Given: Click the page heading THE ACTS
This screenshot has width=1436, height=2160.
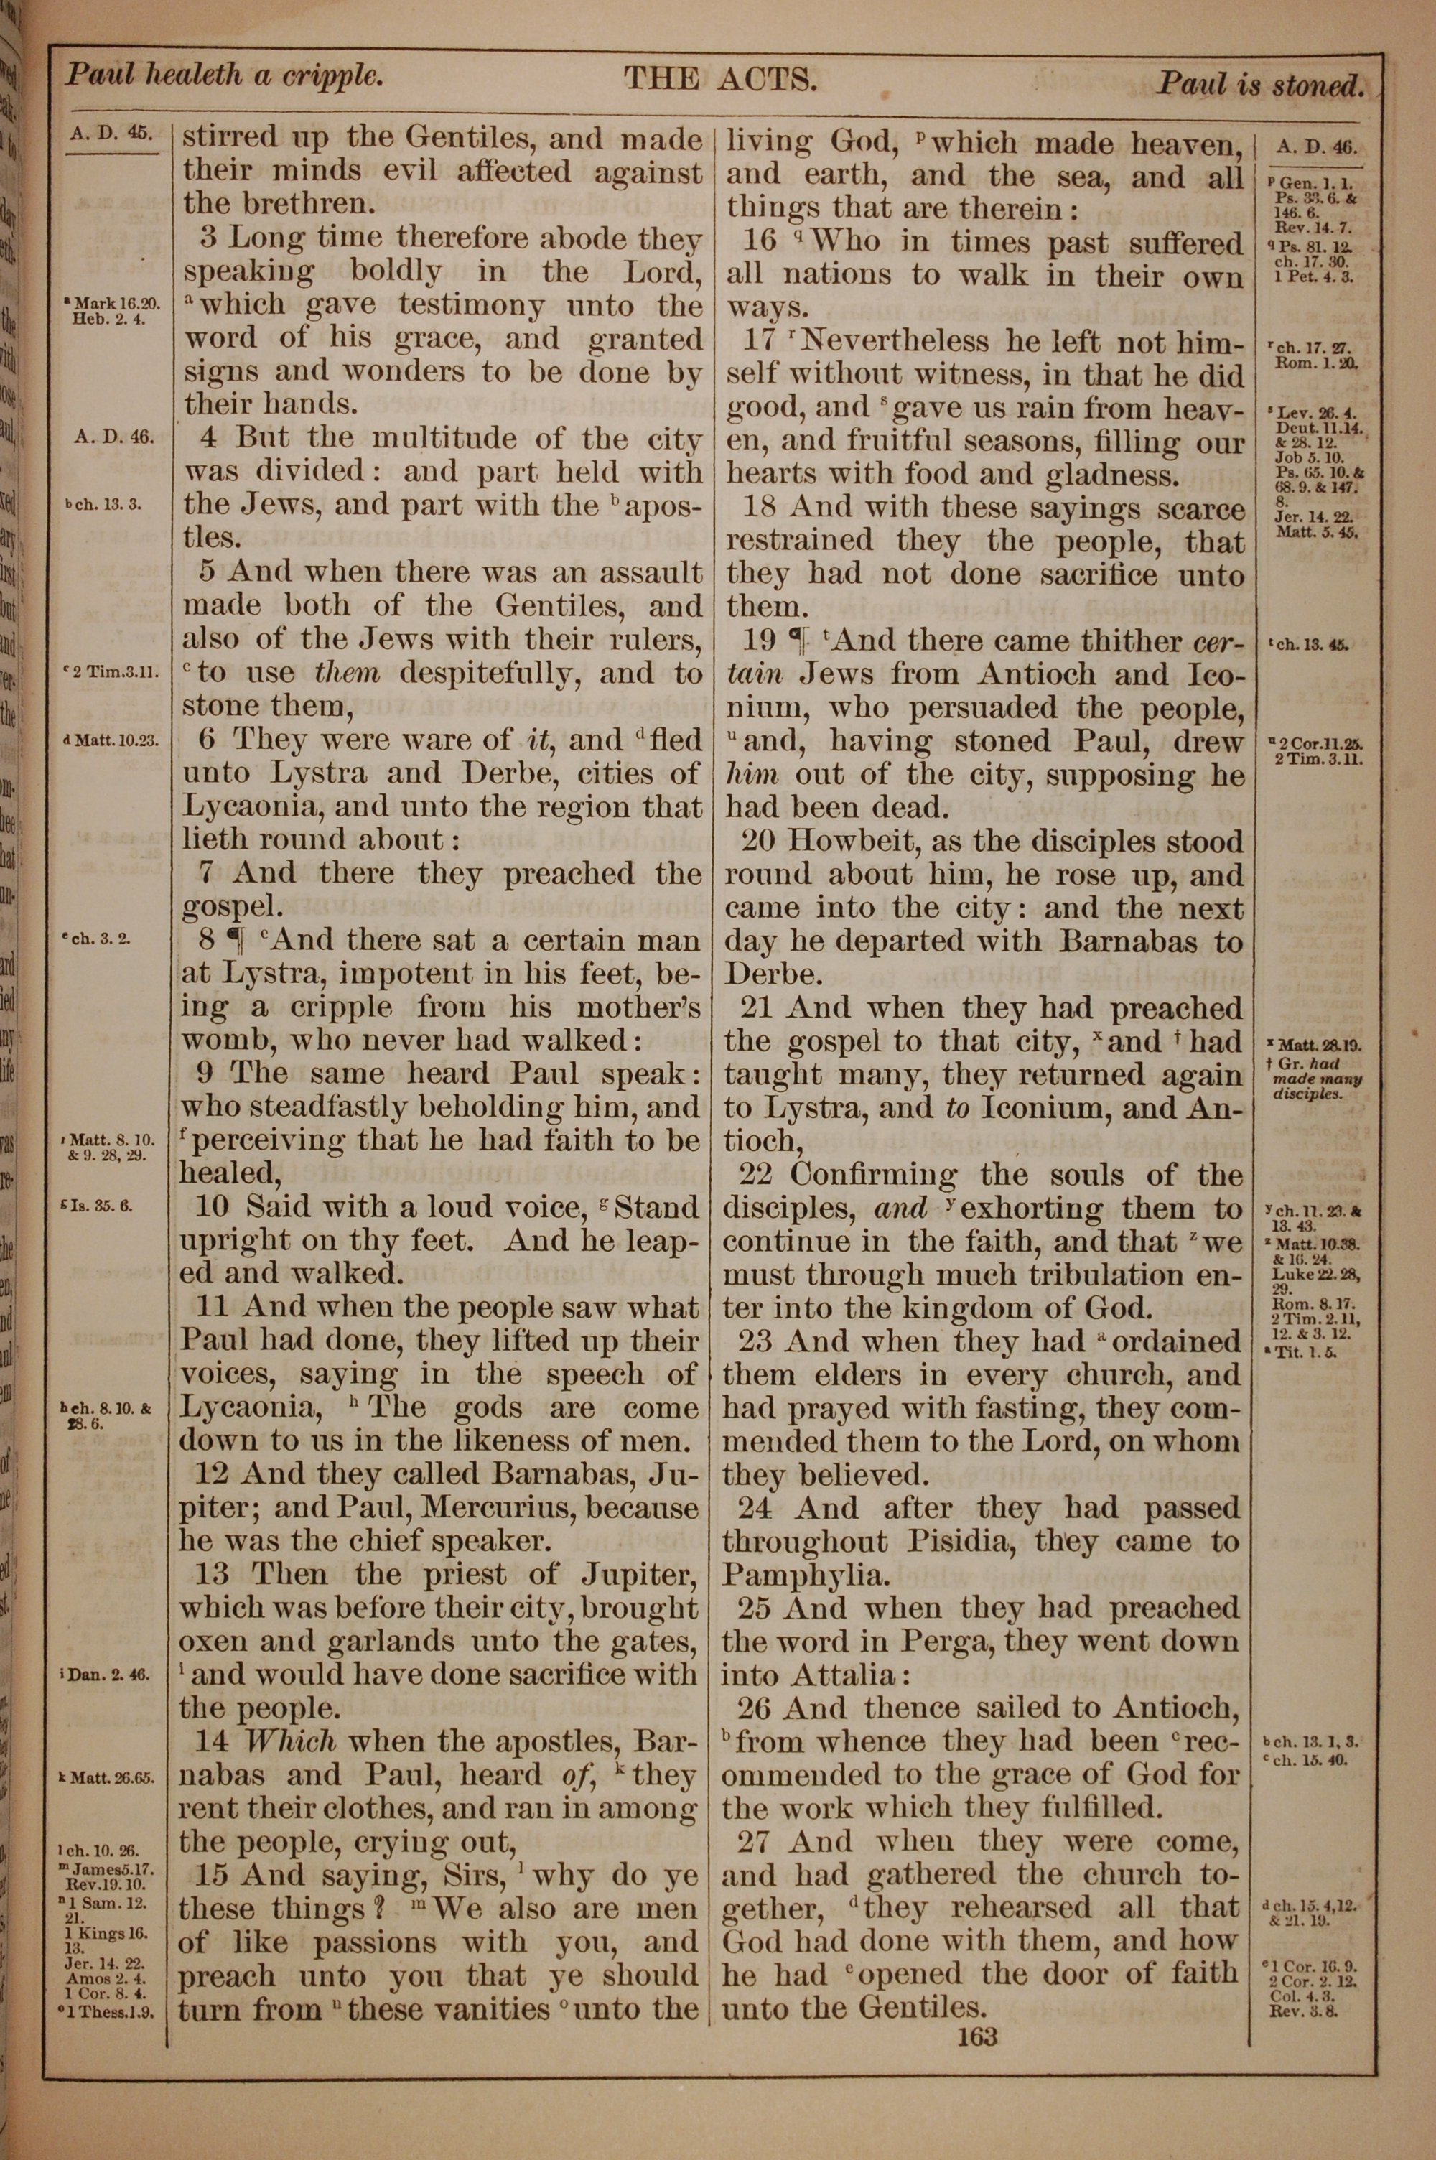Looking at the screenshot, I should point(721,80).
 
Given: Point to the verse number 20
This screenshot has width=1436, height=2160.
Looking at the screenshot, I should point(754,842).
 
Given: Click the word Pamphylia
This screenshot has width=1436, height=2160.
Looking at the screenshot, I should point(793,1575).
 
